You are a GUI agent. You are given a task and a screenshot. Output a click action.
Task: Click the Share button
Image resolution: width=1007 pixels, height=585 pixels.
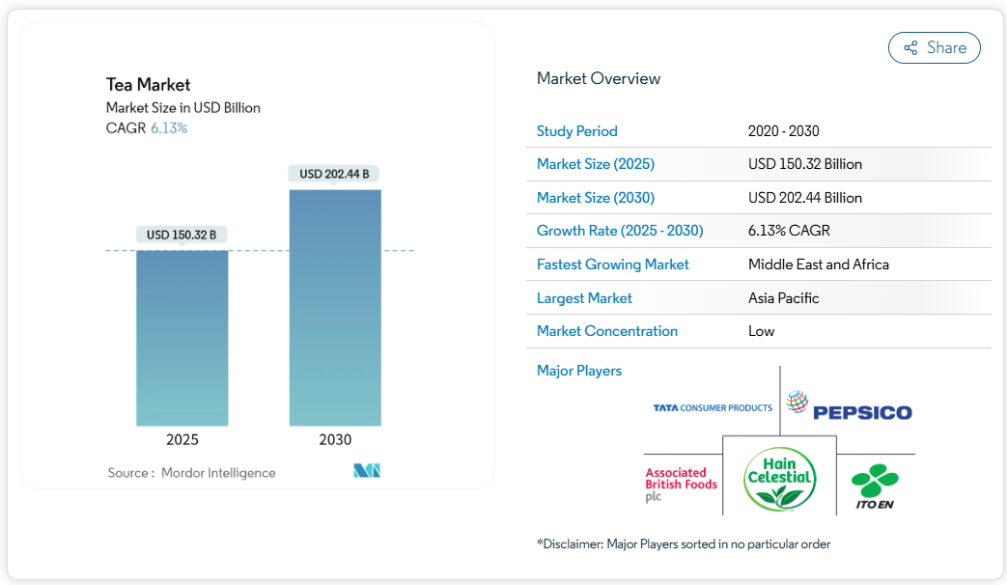[x=934, y=48]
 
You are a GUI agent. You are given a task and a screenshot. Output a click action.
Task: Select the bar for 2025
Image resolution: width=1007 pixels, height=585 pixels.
[x=182, y=338]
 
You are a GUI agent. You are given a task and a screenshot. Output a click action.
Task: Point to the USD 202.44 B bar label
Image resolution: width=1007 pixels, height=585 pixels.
[x=334, y=174]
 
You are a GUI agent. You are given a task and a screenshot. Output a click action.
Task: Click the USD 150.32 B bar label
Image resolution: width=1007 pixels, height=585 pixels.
[x=182, y=235]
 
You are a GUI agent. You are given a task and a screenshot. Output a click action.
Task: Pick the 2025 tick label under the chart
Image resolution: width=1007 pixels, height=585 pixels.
[x=182, y=440]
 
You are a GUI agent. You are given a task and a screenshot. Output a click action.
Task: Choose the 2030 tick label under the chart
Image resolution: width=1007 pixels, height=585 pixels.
[x=335, y=440]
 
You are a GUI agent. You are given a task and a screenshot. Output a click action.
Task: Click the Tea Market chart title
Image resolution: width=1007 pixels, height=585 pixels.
[x=148, y=85]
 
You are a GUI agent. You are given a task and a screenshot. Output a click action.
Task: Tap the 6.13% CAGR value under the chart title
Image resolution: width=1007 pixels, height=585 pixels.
[x=169, y=127]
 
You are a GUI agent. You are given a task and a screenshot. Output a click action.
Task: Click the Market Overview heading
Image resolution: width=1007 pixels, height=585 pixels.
[x=599, y=79]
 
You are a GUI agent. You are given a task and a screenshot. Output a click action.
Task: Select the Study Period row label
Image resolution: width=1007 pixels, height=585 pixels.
[x=576, y=131]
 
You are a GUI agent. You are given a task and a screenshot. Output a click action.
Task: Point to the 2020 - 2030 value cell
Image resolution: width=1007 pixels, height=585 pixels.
[x=783, y=131]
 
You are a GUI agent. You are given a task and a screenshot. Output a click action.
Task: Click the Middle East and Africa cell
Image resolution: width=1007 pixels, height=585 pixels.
[x=818, y=265]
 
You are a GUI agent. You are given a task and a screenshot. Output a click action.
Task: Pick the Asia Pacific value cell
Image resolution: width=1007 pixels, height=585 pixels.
[x=783, y=298]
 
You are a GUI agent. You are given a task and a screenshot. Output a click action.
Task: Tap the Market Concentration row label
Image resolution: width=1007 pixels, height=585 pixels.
[x=606, y=331]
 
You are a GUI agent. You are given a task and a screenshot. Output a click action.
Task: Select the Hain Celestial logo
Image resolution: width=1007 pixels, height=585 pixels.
[x=779, y=478]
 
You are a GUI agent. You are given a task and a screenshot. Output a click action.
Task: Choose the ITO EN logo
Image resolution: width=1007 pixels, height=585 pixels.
[x=875, y=487]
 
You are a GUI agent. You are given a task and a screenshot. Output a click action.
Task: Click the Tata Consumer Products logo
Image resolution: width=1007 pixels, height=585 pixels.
[x=713, y=408]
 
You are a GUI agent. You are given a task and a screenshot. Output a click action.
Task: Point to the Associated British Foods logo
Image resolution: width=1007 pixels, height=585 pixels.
[x=681, y=485]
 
